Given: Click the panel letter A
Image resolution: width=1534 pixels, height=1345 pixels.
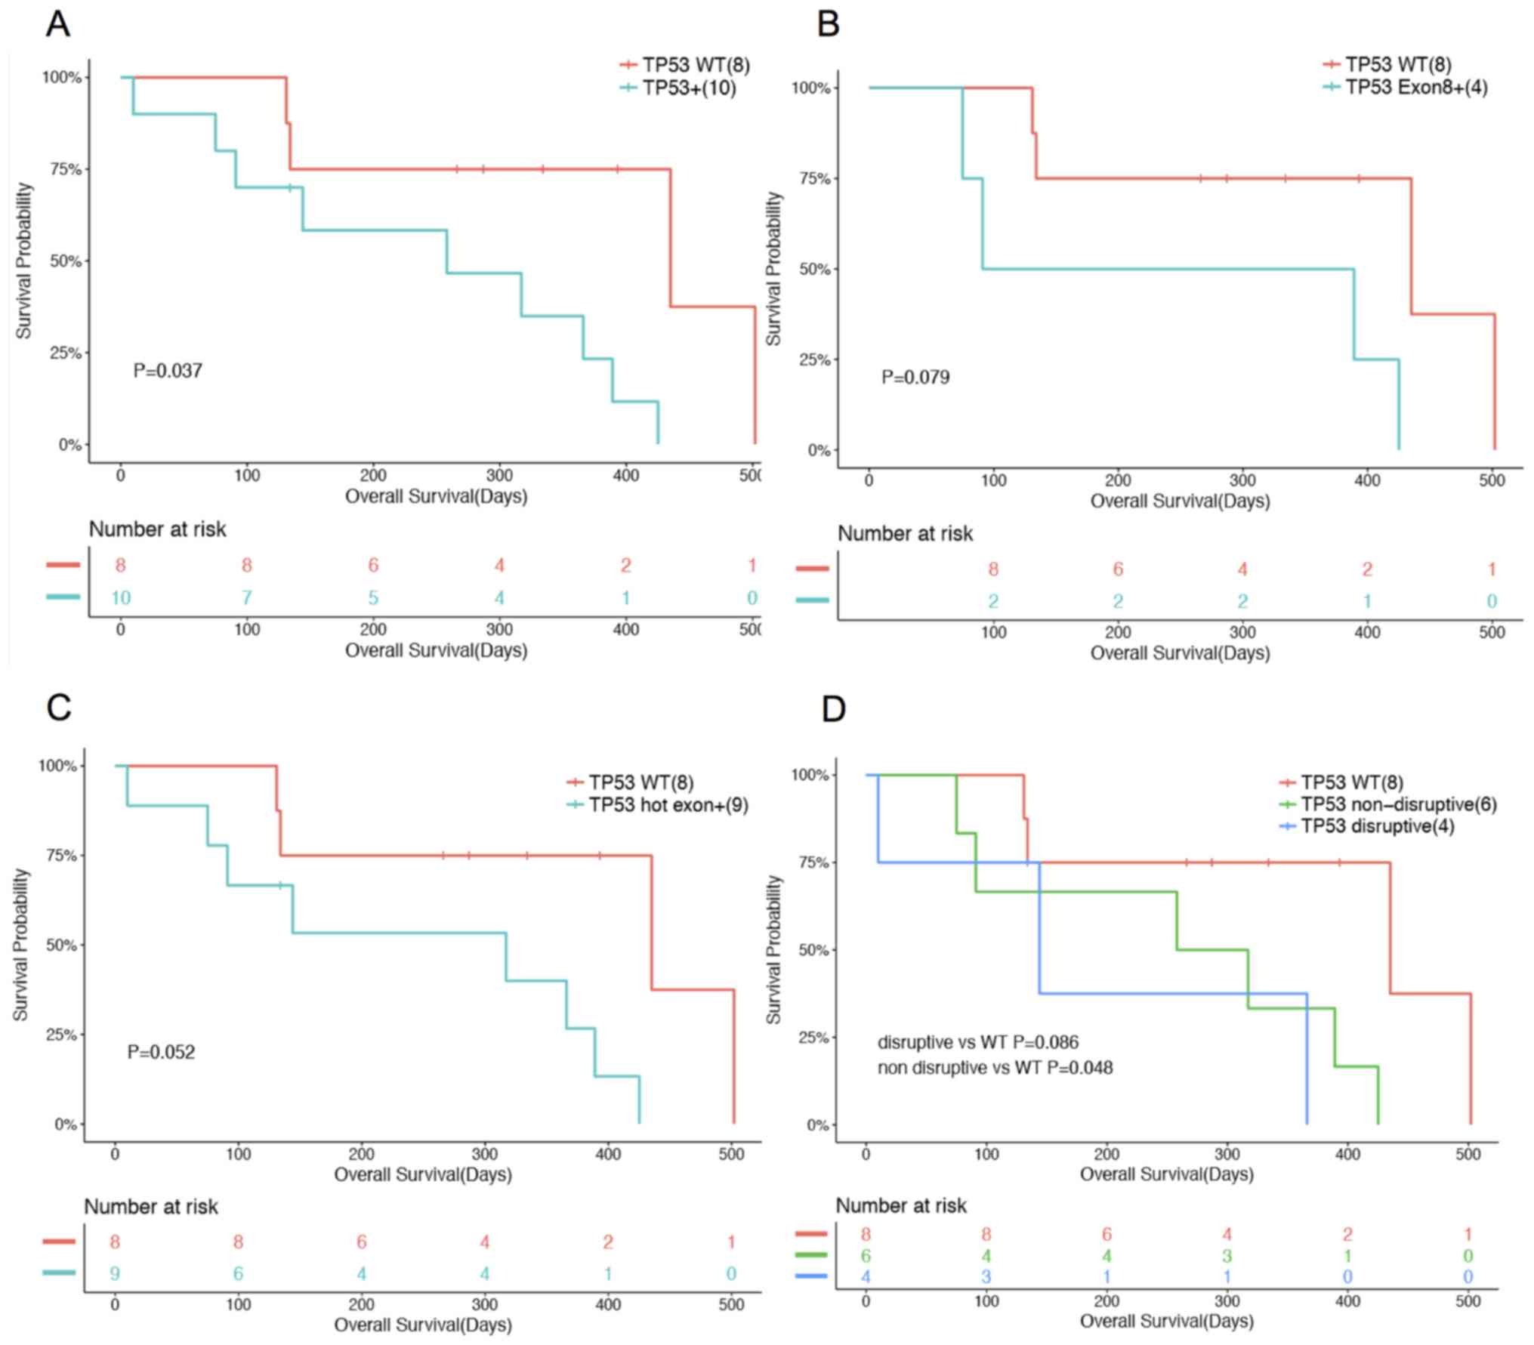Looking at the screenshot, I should tap(57, 24).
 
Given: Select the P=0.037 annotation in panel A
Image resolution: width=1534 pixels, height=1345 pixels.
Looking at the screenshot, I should tap(168, 371).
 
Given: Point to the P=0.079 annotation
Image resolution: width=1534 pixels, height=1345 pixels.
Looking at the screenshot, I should tap(915, 377).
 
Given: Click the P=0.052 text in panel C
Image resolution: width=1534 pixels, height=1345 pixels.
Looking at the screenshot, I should tap(161, 1052).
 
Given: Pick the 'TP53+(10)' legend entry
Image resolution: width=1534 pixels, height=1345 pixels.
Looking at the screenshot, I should tap(689, 88).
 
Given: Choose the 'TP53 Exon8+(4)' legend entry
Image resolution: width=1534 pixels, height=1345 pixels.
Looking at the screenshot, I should tap(1416, 88).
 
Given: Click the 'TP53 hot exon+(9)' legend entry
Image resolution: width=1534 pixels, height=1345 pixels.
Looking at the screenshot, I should tap(668, 805).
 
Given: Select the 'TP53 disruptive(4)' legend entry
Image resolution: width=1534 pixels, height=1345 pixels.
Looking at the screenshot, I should tap(1378, 826).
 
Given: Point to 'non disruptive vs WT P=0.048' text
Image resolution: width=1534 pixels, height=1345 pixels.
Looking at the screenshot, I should tap(995, 1068).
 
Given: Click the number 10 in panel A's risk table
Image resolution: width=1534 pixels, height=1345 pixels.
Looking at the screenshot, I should tap(121, 598).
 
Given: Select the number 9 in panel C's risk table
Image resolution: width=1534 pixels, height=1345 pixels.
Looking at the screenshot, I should tap(115, 1274).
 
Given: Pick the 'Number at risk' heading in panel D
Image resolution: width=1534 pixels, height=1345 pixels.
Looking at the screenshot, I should tap(901, 1206).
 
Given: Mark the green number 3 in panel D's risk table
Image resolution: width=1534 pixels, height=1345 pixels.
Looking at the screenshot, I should tap(1227, 1256).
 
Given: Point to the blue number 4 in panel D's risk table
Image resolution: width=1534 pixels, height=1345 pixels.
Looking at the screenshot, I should tap(866, 1277).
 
